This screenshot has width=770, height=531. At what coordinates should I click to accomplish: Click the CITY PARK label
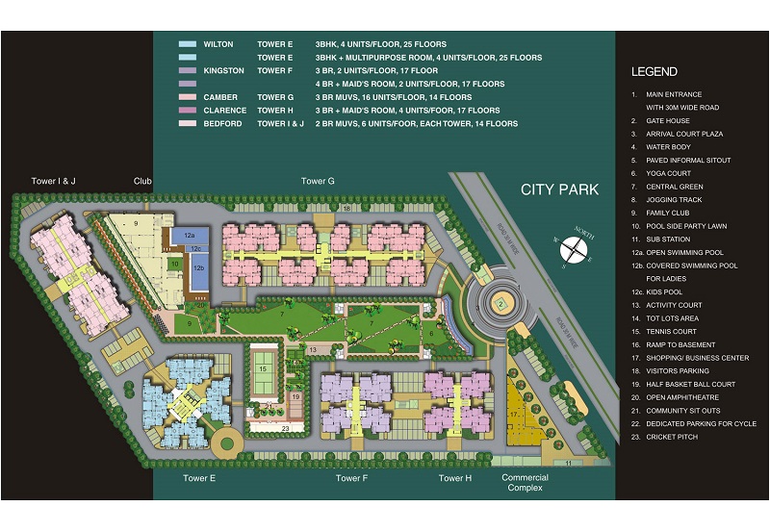559,190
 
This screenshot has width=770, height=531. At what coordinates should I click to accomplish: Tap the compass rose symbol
575,249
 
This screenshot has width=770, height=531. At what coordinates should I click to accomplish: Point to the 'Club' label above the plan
143,181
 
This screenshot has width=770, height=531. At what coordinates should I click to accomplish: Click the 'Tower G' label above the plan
318,181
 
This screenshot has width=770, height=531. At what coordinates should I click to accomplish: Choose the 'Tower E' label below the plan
199,478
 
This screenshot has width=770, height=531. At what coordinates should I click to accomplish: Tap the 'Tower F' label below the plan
351,478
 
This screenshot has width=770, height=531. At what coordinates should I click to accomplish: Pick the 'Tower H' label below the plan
454,478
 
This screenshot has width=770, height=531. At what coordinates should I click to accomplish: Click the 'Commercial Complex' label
526,483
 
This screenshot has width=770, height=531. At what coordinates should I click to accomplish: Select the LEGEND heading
654,72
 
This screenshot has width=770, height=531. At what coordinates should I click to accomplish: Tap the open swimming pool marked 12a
190,236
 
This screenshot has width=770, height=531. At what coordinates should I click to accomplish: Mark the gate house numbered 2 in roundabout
500,304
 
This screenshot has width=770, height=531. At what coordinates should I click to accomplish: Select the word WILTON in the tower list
218,44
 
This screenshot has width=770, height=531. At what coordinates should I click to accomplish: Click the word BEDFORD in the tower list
222,124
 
